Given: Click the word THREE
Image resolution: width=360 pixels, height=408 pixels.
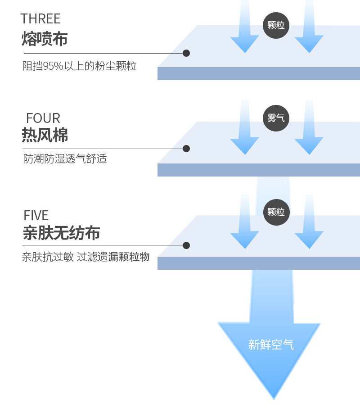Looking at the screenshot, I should click(40, 19).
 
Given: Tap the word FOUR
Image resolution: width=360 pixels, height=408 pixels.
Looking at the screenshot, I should click(43, 118).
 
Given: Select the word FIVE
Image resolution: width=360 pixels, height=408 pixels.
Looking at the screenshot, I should click(36, 215).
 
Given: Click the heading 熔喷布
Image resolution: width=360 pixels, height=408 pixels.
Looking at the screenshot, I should click(45, 39).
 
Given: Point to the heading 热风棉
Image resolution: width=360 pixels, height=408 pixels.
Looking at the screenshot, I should click(45, 135).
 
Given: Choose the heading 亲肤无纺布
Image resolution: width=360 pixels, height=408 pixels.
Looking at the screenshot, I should click(61, 233).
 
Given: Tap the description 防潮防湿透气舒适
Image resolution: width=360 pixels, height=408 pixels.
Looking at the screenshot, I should click(65, 159).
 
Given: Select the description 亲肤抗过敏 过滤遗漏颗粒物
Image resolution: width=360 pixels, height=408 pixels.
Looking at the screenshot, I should click(85, 257).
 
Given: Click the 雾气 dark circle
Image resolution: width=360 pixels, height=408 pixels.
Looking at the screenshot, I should click(276, 118).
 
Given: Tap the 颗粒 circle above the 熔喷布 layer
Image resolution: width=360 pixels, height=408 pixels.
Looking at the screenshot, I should click(276, 25).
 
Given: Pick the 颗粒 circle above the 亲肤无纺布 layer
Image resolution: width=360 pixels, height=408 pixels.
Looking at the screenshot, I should click(276, 212).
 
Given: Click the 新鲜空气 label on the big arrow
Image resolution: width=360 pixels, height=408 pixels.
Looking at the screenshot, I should click(271, 345).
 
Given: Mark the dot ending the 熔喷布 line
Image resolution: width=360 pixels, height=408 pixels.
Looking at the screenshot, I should click(186, 53).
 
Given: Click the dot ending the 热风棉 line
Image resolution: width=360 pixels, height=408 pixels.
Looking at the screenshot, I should click(186, 149).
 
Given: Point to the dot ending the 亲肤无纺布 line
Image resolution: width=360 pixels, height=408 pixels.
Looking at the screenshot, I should click(186, 245).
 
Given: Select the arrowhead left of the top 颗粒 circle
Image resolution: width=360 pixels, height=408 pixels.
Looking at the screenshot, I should click(245, 43).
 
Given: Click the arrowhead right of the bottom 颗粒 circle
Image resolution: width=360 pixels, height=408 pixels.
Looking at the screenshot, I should click(309, 239).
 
